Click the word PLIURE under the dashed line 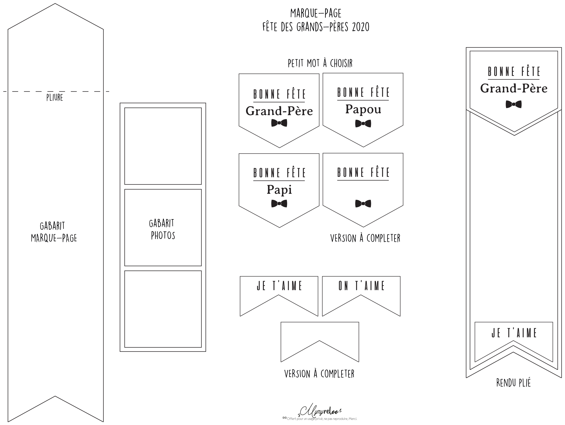pos(55,97)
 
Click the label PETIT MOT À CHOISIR pos(320,63)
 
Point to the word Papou pos(363,109)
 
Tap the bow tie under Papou pos(363,124)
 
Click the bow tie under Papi pos(279,204)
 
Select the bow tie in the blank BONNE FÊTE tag pos(363,204)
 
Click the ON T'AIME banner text pos(361,286)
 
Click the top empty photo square pos(163,146)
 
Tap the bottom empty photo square pos(163,309)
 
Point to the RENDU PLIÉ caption pos(513,383)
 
